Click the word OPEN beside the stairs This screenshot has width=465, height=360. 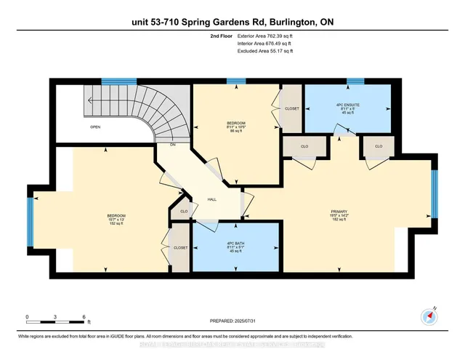[x=94, y=127]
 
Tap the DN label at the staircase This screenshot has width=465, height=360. [x=173, y=145]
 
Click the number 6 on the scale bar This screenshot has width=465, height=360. [x=84, y=317]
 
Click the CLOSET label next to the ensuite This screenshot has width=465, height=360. [x=292, y=108]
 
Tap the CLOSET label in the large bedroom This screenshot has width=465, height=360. [x=179, y=247]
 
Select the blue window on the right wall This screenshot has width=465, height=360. [x=434, y=194]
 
